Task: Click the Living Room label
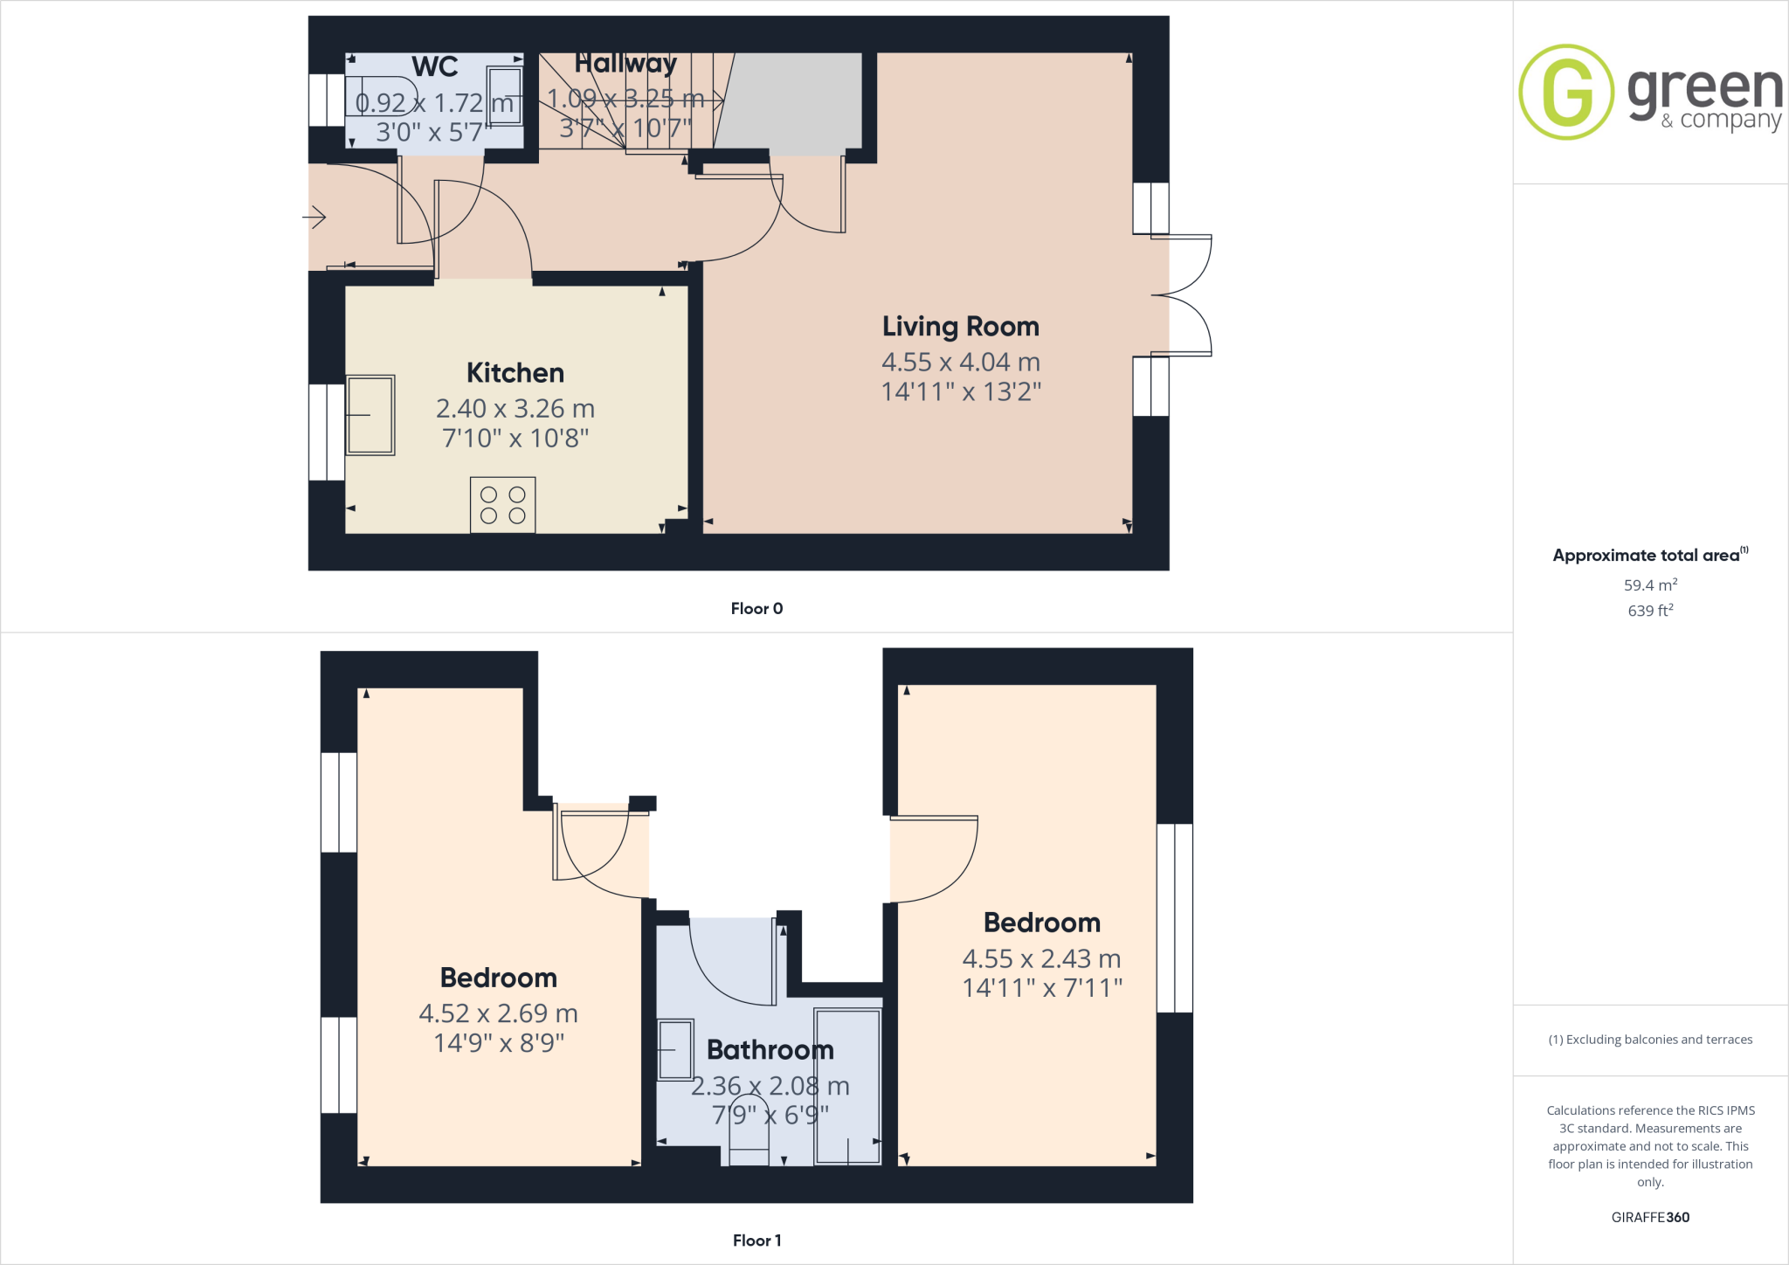[x=960, y=327]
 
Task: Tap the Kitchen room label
[x=515, y=373]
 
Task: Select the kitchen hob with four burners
[x=502, y=505]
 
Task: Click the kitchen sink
[x=370, y=415]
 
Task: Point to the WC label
[x=434, y=67]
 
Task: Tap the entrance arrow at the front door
[x=314, y=217]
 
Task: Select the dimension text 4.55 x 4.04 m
[x=960, y=362]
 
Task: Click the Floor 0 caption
[x=756, y=609]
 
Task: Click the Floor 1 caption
[x=756, y=1241]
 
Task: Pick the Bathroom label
[x=770, y=1049]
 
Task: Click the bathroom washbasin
[x=675, y=1049]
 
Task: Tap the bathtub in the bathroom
[x=846, y=1086]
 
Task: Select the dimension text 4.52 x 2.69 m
[x=498, y=1013]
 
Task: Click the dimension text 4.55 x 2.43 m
[x=1041, y=958]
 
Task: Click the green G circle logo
[x=1566, y=92]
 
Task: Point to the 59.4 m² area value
[x=1649, y=585]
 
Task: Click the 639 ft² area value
[x=1649, y=611]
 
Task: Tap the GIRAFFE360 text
[x=1649, y=1217]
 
